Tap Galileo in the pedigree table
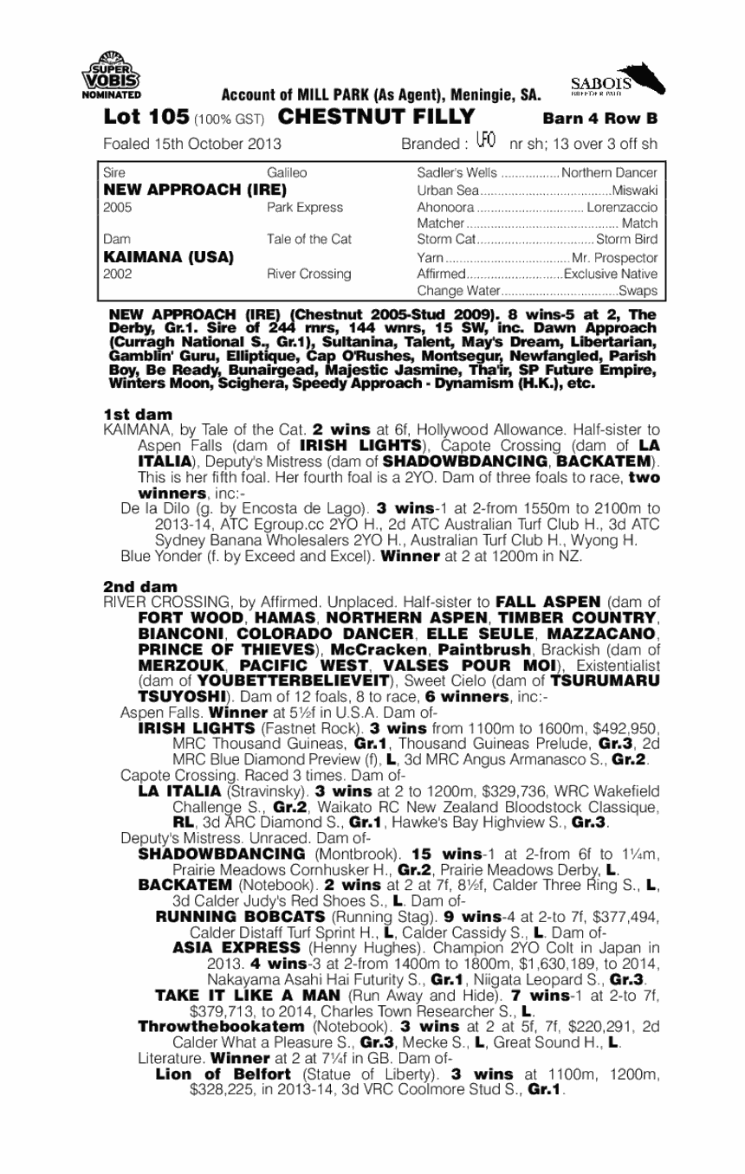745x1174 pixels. coord(287,173)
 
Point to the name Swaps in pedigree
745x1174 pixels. coord(640,290)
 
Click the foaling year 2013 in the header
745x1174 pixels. coord(263,143)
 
